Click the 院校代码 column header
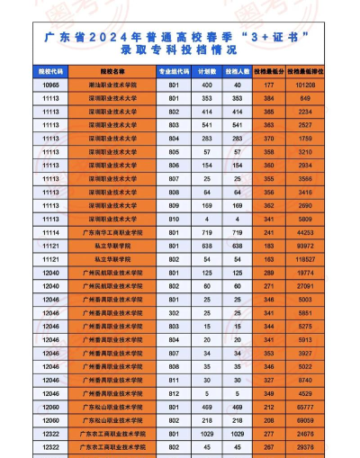pos(50,68)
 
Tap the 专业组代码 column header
pos(172,68)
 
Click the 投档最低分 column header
pos(269,68)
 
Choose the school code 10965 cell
pos(50,84)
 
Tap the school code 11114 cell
pos(50,232)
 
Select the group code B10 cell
pos(174,219)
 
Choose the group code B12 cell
pos(174,393)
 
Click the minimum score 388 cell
pos(269,111)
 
